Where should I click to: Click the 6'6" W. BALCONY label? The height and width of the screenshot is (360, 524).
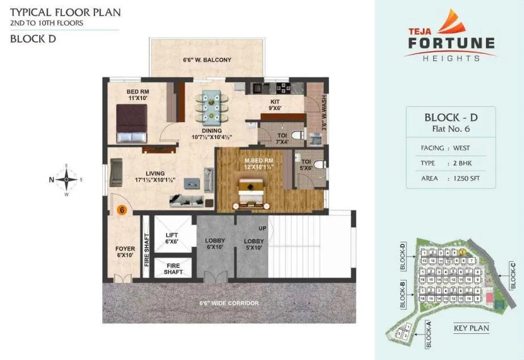coord(207,60)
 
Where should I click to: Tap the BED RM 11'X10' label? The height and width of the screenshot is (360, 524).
coord(138,95)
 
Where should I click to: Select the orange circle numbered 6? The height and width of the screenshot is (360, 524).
coord(122,210)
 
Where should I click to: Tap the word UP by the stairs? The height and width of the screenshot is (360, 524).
coord(263,228)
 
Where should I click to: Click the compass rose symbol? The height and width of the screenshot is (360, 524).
coord(66,179)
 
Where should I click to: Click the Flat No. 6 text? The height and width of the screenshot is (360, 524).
coord(451,129)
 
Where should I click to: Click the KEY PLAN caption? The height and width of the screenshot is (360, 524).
coord(471,328)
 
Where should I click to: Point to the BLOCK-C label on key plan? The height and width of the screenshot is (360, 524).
coord(513,275)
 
